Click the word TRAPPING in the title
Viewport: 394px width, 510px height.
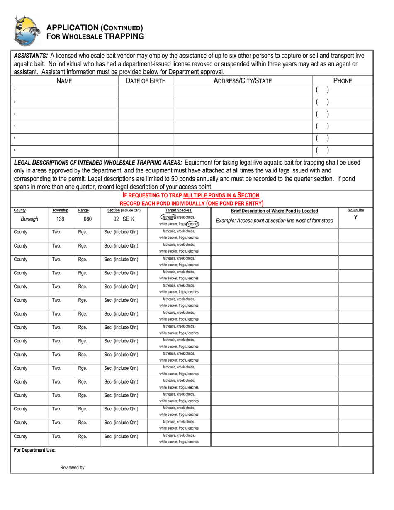point(124,36)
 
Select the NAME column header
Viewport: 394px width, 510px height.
point(64,81)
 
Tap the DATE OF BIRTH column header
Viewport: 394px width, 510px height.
point(146,81)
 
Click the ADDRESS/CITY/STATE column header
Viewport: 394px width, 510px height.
point(242,81)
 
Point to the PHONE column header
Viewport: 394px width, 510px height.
point(342,81)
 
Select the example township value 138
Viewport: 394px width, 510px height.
point(60,219)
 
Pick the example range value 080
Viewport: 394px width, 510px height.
point(88,219)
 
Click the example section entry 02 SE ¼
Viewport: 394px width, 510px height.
point(124,219)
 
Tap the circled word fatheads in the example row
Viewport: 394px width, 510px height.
point(168,217)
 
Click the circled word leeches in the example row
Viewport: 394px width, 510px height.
point(192,224)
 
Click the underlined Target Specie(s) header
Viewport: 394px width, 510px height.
point(179,211)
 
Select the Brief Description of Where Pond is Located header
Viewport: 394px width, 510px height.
point(275,211)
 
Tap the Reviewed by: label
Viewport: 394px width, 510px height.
point(73,468)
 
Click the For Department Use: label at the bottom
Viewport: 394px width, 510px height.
point(34,450)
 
